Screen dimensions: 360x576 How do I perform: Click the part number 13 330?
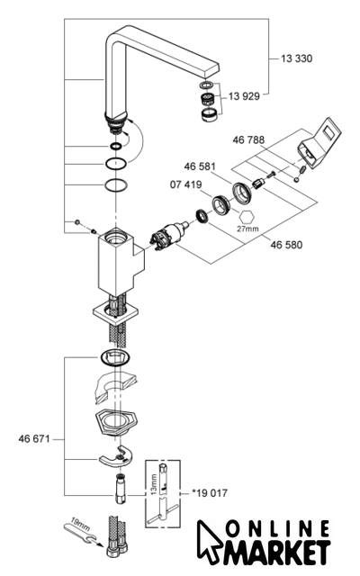pyautogui.click(x=296, y=58)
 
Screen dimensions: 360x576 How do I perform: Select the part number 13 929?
pyautogui.click(x=244, y=96)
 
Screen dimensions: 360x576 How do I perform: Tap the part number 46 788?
pyautogui.click(x=248, y=140)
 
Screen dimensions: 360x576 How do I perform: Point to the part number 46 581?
pyautogui.click(x=200, y=166)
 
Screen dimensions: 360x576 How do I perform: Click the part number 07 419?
pyautogui.click(x=186, y=184)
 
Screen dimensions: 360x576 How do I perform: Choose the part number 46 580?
pyautogui.click(x=286, y=245)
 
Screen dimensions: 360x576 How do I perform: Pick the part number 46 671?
pyautogui.click(x=34, y=439)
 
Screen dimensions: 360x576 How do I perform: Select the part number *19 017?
pyautogui.click(x=210, y=493)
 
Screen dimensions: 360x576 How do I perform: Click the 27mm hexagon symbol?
pyautogui.click(x=247, y=216)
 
